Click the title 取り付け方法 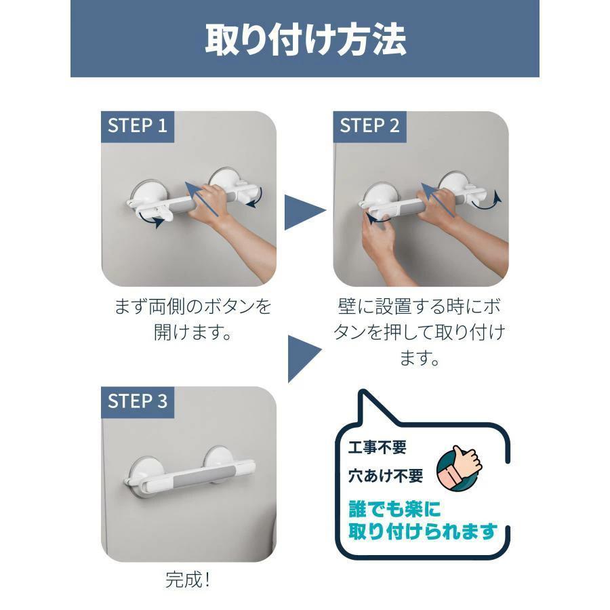tap(306, 39)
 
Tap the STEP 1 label tap(138, 125)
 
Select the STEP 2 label tap(369, 125)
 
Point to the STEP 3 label tap(138, 401)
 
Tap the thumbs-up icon tap(459, 468)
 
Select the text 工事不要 tap(377, 447)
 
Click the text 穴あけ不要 tap(386, 476)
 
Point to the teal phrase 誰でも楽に tap(394, 509)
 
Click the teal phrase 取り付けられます tap(423, 531)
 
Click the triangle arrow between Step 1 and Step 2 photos tap(304, 212)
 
